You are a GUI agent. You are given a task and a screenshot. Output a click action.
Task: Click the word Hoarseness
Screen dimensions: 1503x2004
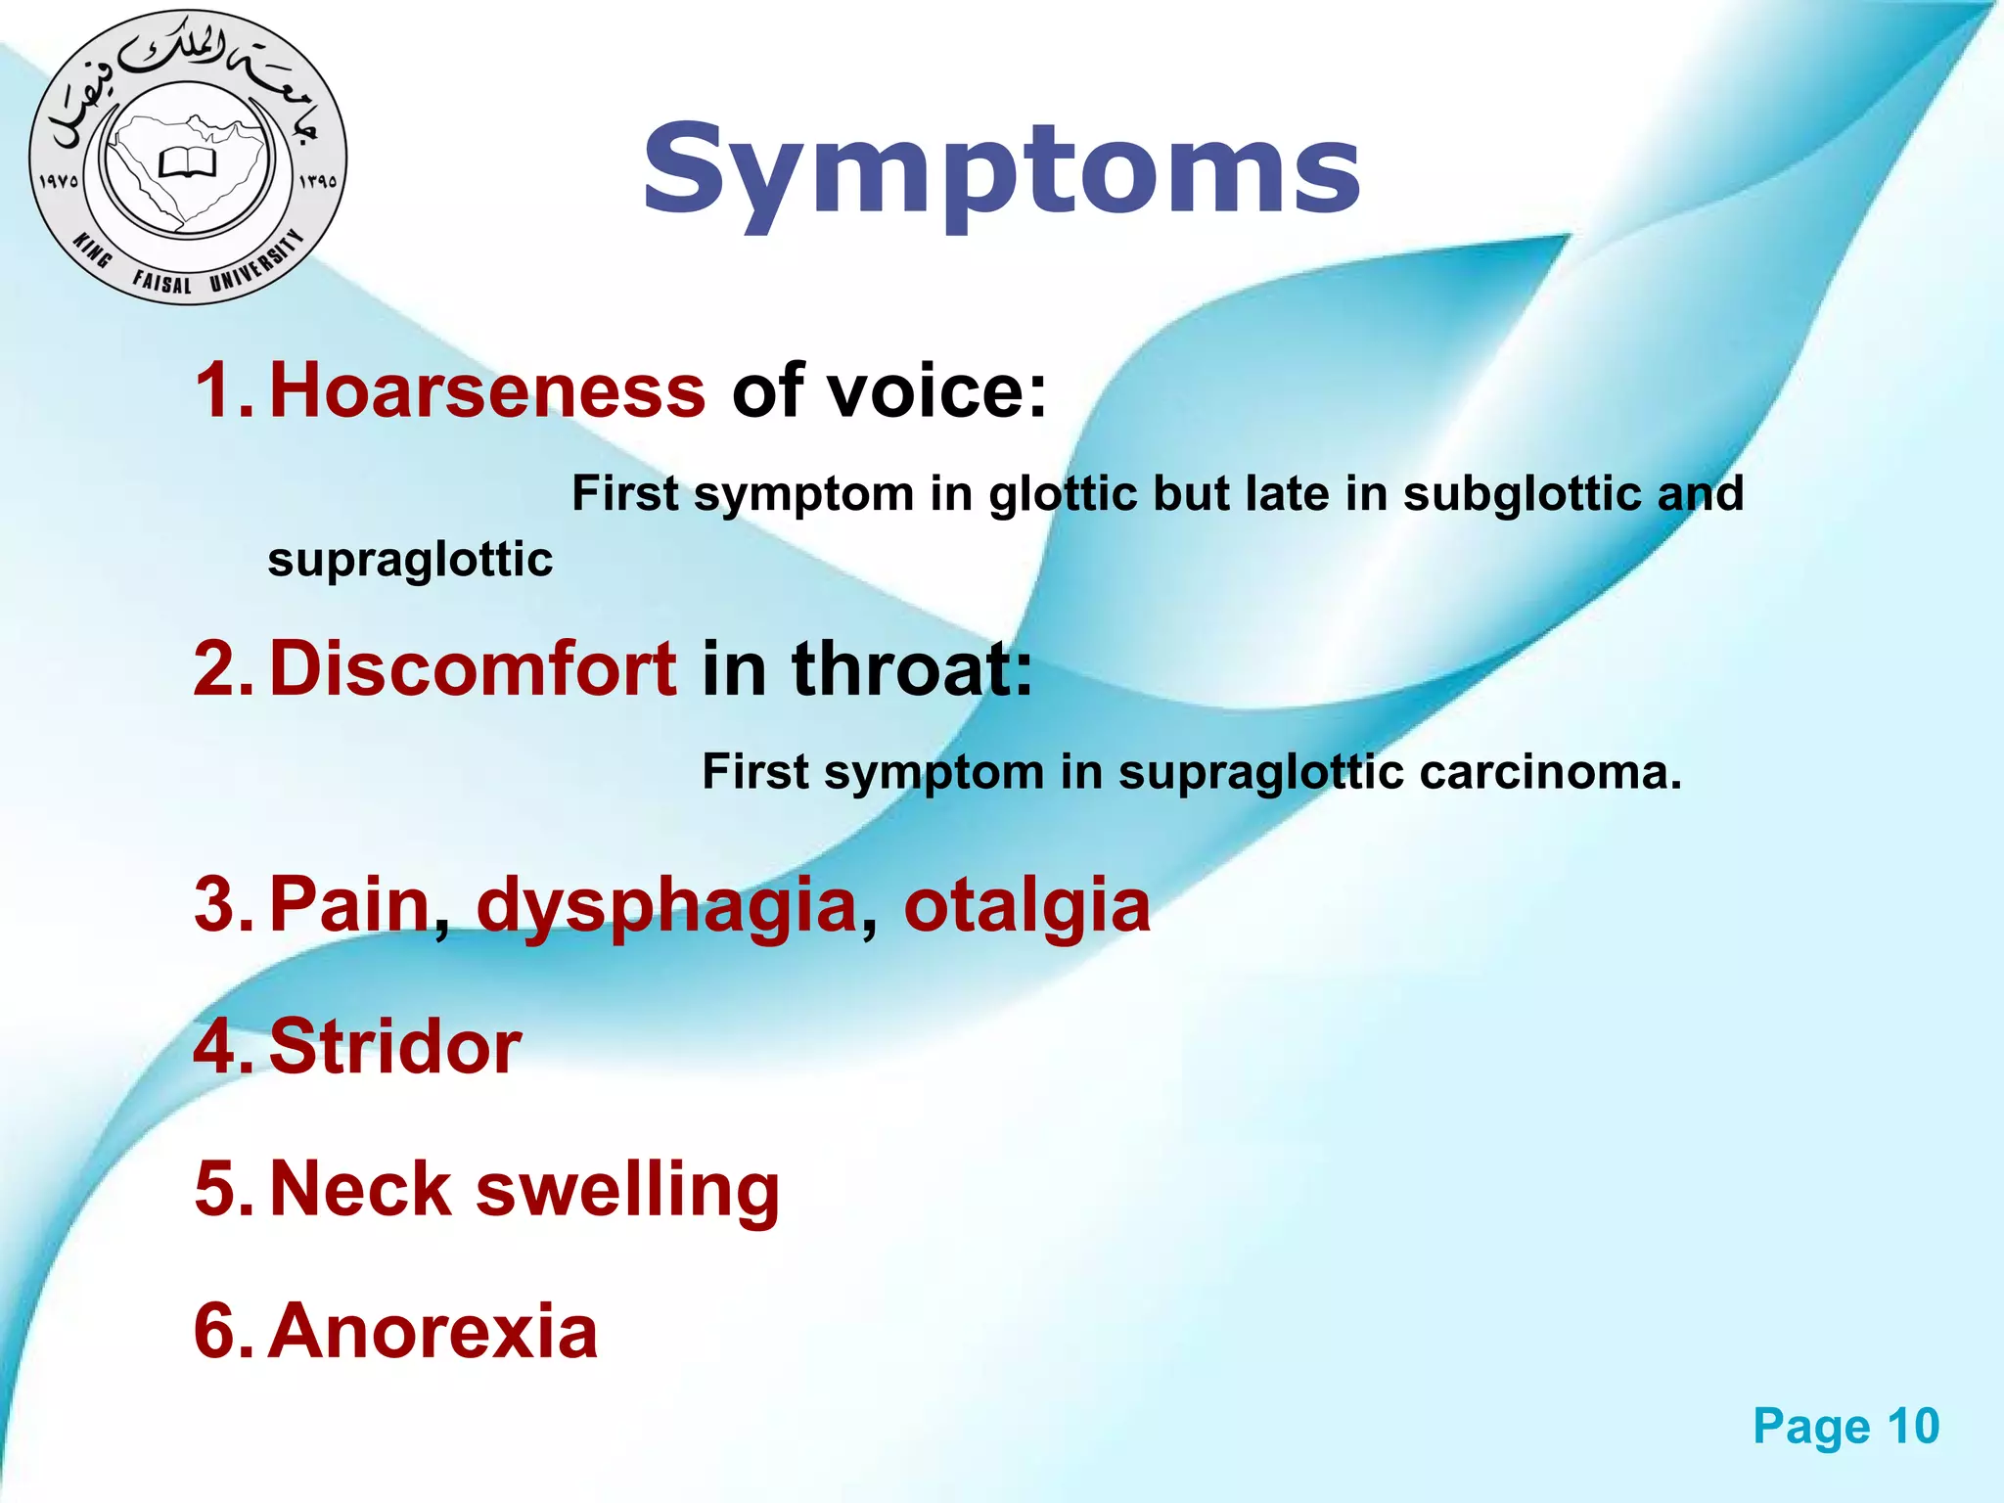(486, 390)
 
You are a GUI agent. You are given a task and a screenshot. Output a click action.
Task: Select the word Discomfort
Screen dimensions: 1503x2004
(472, 668)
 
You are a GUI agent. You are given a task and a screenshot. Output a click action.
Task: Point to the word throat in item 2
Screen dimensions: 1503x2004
(911, 668)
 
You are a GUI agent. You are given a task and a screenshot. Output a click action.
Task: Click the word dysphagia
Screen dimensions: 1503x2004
(666, 906)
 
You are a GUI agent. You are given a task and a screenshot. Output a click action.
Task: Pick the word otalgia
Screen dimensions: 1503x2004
(1026, 904)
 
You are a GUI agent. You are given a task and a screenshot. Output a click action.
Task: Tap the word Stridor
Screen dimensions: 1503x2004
(394, 1047)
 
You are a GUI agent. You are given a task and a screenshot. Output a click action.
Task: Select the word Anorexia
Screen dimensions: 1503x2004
(433, 1332)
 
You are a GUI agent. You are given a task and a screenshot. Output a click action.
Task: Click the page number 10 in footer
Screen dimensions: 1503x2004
(1912, 1426)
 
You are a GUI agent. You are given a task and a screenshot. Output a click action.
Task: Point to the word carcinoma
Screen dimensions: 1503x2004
(1550, 772)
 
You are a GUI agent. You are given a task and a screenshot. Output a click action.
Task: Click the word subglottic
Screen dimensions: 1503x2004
(1522, 494)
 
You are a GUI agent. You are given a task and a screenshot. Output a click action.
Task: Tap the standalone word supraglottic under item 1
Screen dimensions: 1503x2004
(410, 561)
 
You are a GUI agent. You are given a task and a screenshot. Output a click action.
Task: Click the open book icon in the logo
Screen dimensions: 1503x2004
(187, 162)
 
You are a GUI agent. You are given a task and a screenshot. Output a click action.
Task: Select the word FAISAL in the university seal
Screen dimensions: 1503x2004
(161, 283)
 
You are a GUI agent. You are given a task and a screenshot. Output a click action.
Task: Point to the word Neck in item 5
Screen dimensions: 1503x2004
(359, 1190)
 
